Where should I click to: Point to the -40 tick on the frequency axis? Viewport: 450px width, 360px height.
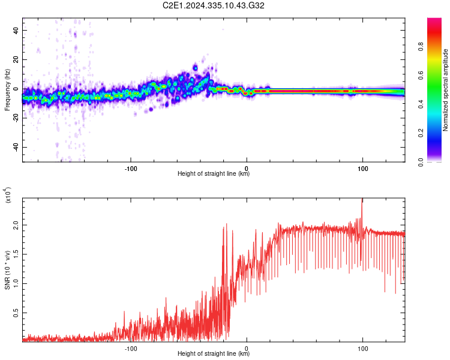click(14, 147)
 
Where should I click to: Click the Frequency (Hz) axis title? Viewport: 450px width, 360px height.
click(7, 90)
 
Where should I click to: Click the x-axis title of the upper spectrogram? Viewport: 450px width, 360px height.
click(214, 173)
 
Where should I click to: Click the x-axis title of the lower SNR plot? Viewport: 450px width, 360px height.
click(214, 353)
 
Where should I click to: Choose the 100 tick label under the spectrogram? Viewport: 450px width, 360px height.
click(362, 168)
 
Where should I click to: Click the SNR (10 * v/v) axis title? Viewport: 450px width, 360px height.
click(7, 270)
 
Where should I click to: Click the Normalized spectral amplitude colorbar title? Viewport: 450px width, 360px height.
click(445, 90)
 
